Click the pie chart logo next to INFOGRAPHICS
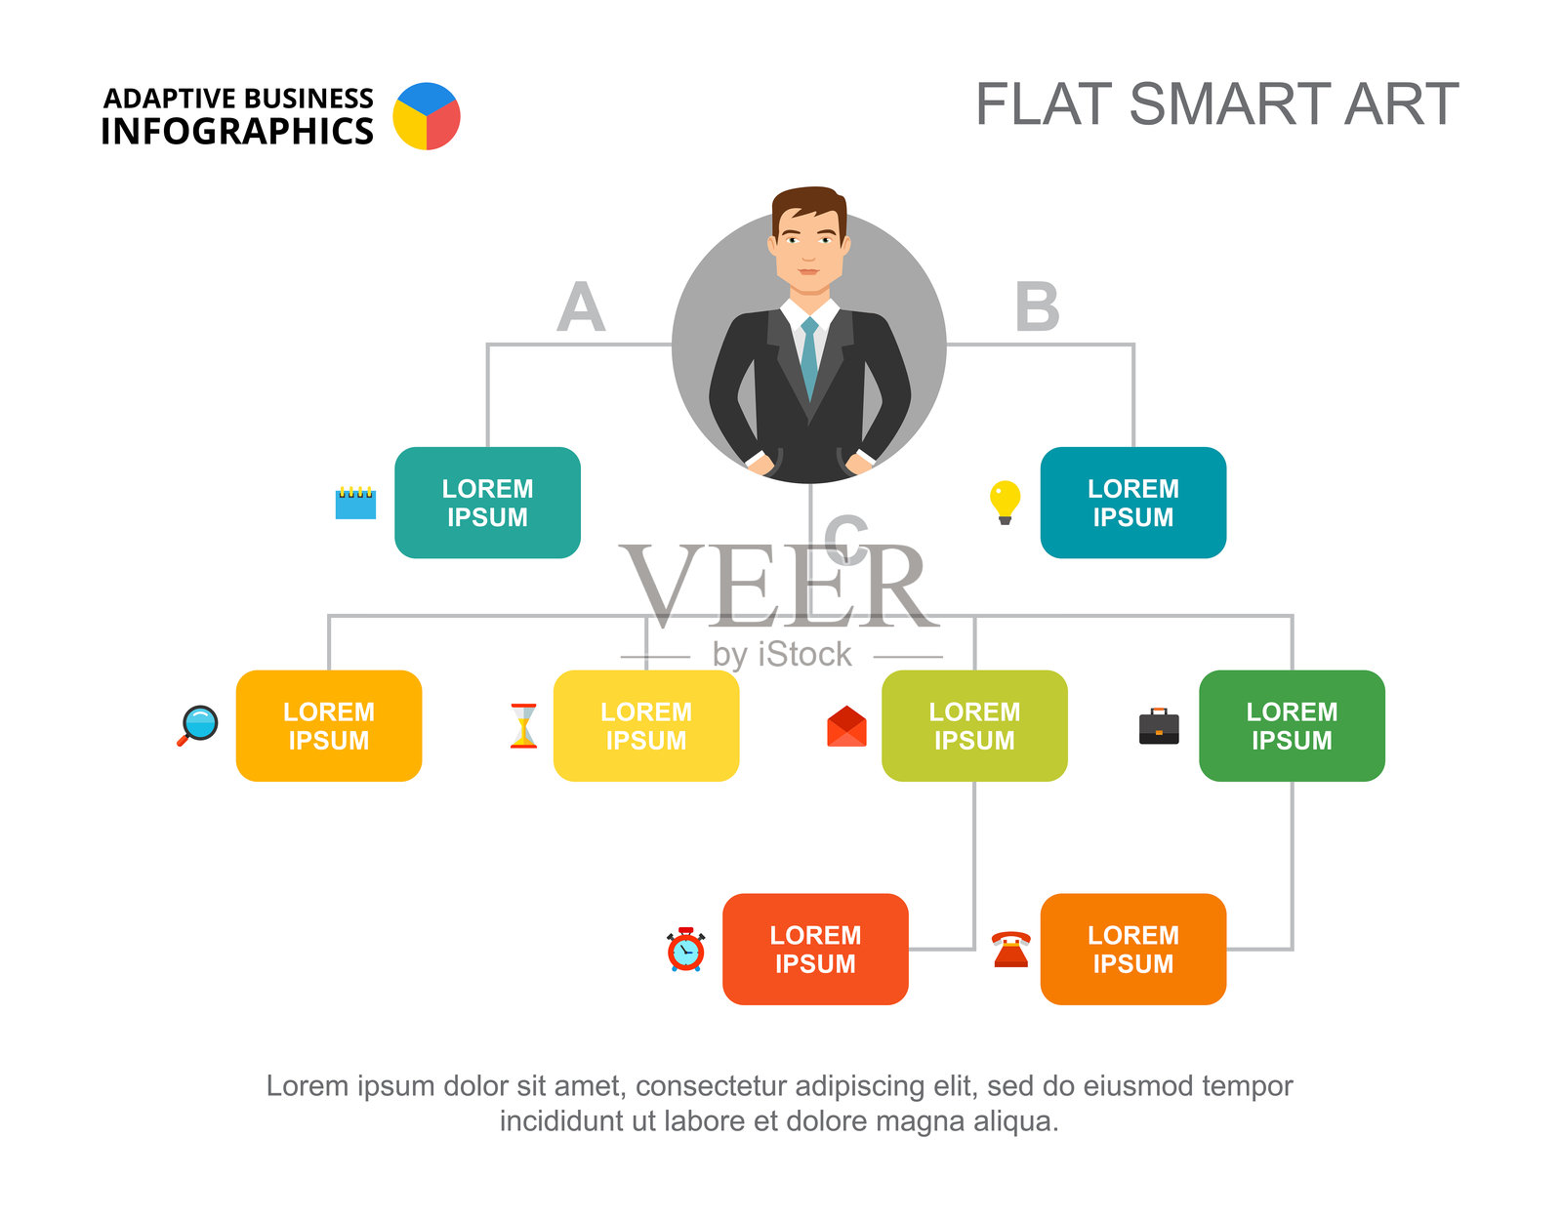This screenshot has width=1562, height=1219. [x=427, y=116]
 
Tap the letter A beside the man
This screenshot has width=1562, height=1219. [x=581, y=307]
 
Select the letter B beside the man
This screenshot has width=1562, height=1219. [x=1037, y=307]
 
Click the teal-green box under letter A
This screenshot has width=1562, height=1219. [x=487, y=503]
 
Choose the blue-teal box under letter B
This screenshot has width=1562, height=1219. [x=1132, y=503]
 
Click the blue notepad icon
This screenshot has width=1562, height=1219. [x=355, y=503]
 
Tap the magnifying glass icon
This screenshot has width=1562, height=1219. [x=198, y=725]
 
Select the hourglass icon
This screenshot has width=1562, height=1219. [x=524, y=726]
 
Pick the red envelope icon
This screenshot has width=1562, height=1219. [x=846, y=727]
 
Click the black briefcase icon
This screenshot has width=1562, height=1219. [x=1159, y=727]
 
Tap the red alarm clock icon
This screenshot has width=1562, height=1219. [x=686, y=950]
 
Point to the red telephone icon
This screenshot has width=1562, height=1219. [x=1010, y=950]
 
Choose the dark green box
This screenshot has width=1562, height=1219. [x=1292, y=725]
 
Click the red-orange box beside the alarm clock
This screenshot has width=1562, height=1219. [x=815, y=949]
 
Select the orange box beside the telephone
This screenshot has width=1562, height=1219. [x=1132, y=949]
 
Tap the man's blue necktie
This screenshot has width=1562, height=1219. [x=809, y=356]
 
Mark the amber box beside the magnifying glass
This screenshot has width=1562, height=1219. [x=329, y=725]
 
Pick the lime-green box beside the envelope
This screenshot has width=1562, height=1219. [x=974, y=725]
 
